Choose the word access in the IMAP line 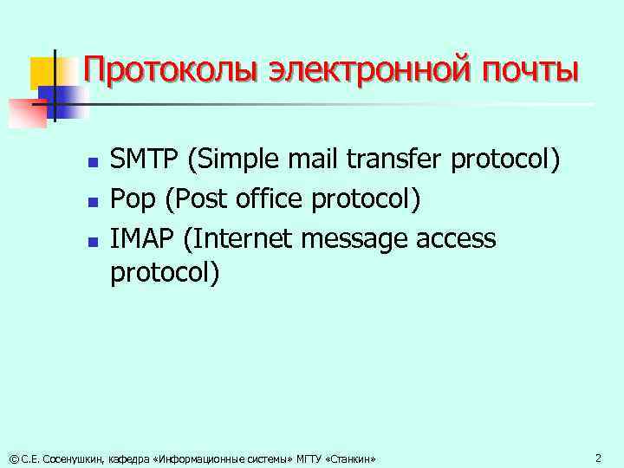pyautogui.click(x=458, y=238)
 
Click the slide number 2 pyautogui.click(x=597, y=457)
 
